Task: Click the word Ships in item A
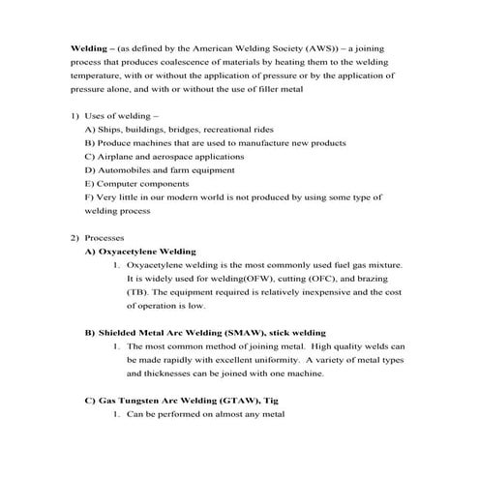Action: click(x=106, y=129)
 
